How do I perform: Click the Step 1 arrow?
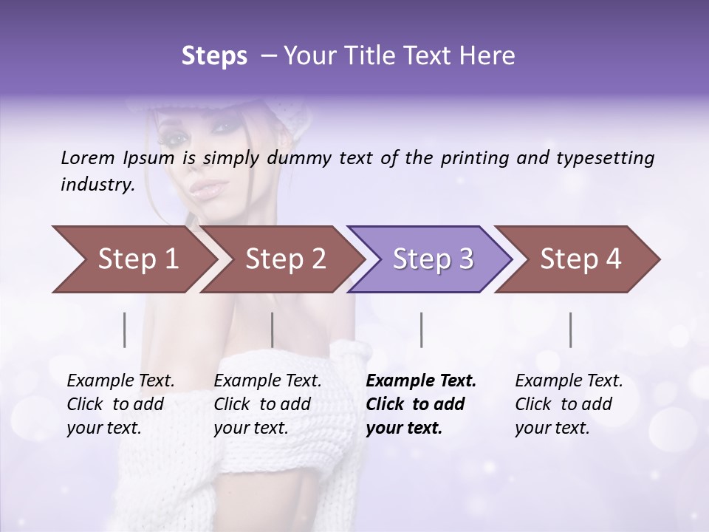pos(133,259)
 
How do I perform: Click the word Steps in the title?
pos(214,56)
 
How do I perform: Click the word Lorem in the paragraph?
pos(88,157)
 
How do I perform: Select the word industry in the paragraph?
pos(97,184)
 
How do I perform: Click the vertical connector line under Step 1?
pos(124,330)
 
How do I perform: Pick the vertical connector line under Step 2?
pos(272,330)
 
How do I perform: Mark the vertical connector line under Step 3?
pos(421,330)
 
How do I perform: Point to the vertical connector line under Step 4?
pos(570,330)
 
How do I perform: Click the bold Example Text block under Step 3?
pos(419,404)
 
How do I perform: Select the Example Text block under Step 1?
pos(120,404)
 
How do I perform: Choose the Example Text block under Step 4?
pos(568,404)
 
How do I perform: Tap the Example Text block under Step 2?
pos(267,404)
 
